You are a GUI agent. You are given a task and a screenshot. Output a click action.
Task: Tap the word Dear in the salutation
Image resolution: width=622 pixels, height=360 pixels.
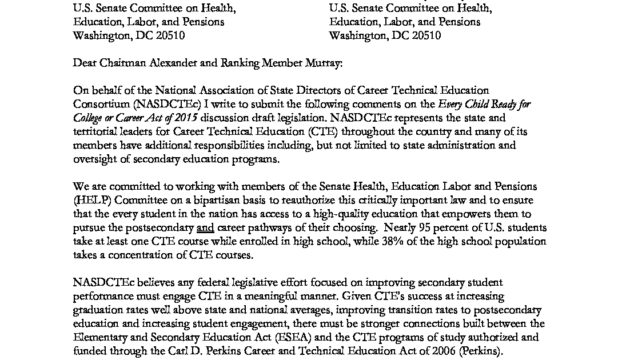[x=85, y=63]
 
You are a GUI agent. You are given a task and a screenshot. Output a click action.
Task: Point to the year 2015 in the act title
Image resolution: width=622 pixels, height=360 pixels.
[x=185, y=118]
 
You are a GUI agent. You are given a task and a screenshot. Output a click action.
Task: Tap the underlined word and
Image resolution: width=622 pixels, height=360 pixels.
[x=205, y=228]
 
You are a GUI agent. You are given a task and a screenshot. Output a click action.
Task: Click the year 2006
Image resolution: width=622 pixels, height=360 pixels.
[x=443, y=351]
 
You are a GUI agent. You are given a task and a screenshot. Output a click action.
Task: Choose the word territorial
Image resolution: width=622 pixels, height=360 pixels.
[x=95, y=132]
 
